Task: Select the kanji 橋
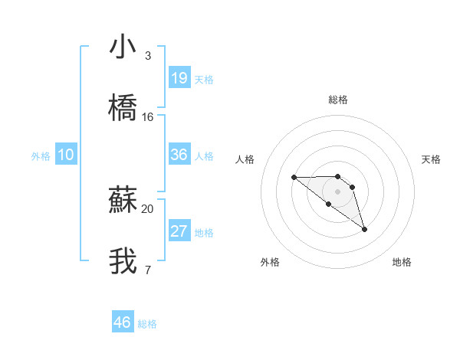point(123,109)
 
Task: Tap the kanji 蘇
point(123,200)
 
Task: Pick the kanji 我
point(123,261)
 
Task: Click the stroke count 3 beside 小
point(147,56)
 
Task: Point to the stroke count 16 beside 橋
point(148,117)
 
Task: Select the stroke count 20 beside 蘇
point(148,208)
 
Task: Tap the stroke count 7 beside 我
point(147,270)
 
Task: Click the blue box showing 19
point(179,78)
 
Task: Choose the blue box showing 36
point(179,155)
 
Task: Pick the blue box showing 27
point(179,231)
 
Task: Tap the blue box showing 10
point(66,155)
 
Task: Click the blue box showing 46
point(123,322)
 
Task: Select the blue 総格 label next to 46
point(147,324)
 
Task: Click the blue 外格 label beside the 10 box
point(41,156)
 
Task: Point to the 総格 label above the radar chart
point(338,100)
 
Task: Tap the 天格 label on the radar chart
point(432,159)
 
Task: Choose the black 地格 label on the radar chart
point(402,262)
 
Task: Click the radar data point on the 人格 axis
point(294,178)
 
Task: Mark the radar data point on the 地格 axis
point(364,229)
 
